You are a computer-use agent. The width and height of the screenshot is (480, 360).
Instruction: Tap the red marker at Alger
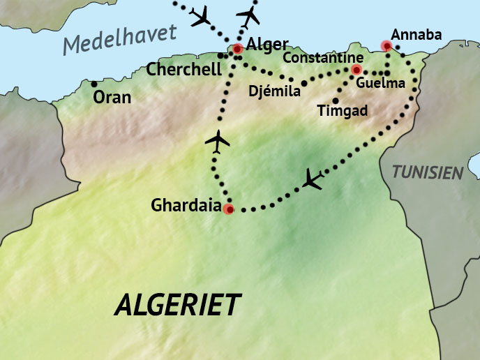coord(238,49)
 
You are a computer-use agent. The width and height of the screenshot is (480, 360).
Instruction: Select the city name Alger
coord(267,45)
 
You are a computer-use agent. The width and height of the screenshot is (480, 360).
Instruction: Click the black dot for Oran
coord(94,84)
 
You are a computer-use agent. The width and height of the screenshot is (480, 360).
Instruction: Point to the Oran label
coord(112,97)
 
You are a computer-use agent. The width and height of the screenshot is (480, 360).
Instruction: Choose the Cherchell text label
coord(183,70)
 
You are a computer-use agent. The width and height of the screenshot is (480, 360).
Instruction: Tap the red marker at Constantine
coord(357,70)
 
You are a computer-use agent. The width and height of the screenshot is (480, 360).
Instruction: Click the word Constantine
coord(323,57)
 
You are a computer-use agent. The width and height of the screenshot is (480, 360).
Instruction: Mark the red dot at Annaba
coord(386,46)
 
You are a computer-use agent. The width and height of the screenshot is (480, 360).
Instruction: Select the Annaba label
coord(417,34)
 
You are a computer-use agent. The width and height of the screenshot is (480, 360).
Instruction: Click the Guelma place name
coord(380,84)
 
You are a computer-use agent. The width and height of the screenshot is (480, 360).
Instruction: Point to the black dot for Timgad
coord(336,100)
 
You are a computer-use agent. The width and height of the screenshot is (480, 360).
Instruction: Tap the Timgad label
coord(342,111)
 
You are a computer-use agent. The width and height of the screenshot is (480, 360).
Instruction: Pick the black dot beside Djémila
coord(303,83)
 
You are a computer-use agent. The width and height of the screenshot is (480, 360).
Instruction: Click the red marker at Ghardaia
coord(228,208)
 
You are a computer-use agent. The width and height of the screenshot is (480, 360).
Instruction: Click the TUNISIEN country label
coord(427,172)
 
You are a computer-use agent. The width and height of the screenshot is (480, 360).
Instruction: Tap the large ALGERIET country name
coord(178,305)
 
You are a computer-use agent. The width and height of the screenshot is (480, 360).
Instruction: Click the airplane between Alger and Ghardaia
coord(218,141)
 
